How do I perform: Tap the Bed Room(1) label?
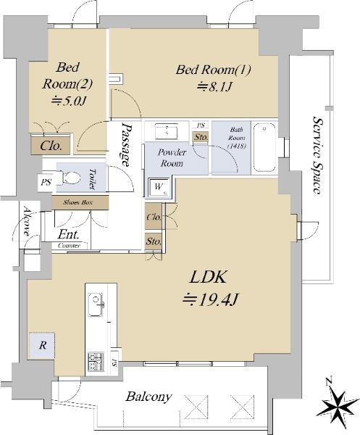point(214,70)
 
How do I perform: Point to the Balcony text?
point(148,397)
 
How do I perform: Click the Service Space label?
point(317,155)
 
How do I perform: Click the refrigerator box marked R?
point(42,345)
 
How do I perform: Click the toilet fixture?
point(70,176)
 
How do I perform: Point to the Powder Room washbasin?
point(167,131)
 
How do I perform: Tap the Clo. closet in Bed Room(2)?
point(50,146)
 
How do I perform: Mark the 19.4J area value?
point(209,297)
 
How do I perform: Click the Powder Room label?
point(174,158)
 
